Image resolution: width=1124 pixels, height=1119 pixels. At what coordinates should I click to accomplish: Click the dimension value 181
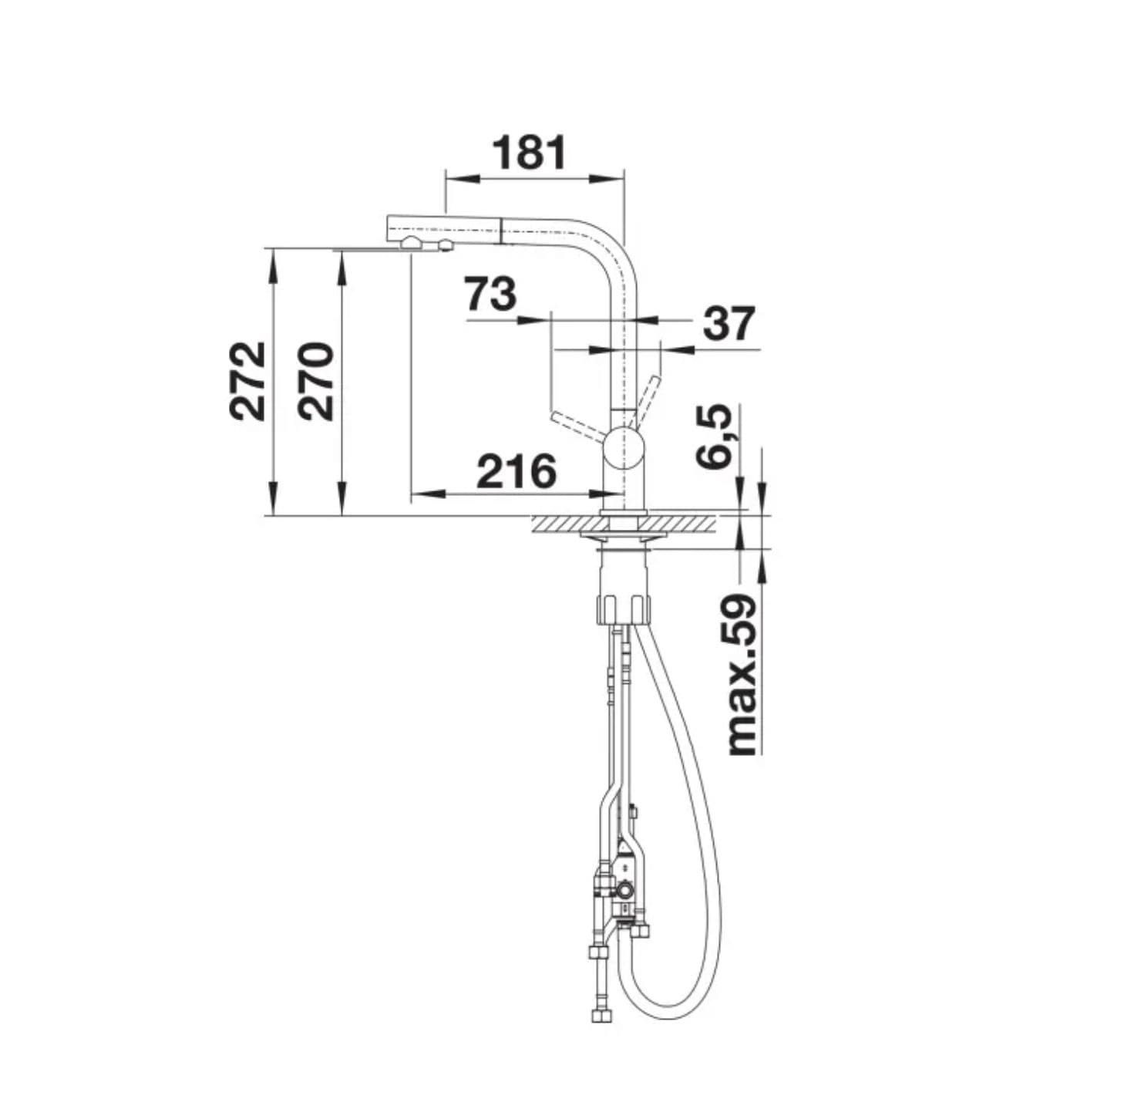point(529,153)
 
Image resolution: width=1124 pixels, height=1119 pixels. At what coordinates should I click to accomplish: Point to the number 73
point(490,294)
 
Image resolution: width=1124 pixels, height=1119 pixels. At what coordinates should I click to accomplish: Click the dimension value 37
point(729,324)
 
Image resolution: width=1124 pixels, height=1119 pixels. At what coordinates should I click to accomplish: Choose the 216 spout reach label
point(517,471)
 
